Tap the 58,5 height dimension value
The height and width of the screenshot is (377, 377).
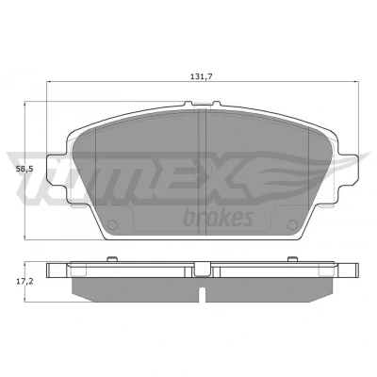pos(25,169)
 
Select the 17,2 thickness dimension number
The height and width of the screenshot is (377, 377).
pos(25,281)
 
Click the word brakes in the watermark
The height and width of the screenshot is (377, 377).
pos(219,218)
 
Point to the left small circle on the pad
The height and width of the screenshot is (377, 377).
pos(112,224)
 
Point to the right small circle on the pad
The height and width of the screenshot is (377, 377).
pos(292,224)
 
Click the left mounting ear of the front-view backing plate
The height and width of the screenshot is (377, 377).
pos(57,170)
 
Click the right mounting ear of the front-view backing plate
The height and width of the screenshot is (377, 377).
pos(348,170)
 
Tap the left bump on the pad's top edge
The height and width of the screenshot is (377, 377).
pos(188,104)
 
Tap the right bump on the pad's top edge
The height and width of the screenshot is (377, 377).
pos(217,104)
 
